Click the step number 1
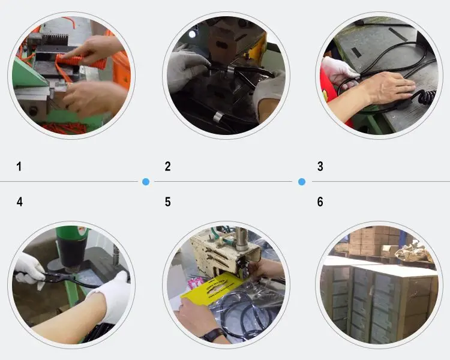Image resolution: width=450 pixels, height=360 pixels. click(19, 167)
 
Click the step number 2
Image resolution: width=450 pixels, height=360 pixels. click(167, 167)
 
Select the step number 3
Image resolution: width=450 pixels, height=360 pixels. click(320, 167)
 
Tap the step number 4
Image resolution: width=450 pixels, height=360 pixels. click(20, 202)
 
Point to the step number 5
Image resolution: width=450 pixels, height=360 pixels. click(167, 202)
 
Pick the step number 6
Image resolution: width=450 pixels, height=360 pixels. click(320, 202)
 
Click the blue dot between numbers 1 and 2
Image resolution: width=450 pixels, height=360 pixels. click(146, 181)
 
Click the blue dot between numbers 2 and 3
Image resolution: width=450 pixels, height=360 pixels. click(302, 181)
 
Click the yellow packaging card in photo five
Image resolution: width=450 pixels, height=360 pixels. click(212, 289)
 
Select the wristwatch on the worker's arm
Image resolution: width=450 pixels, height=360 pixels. click(213, 334)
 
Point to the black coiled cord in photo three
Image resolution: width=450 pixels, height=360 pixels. click(426, 98)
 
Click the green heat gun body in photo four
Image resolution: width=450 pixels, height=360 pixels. click(72, 247)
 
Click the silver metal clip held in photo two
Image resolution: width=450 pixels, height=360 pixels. click(231, 69)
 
